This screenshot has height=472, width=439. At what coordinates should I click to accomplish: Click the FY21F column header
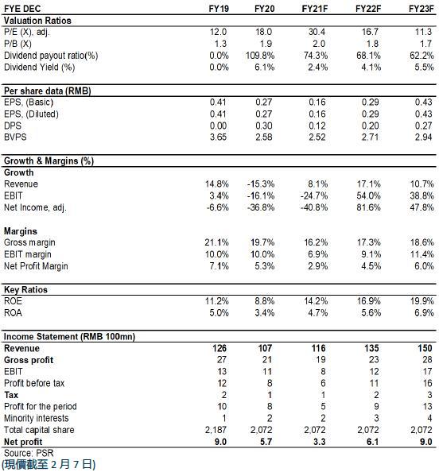click(315, 9)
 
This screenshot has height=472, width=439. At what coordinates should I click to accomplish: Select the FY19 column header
click(219, 9)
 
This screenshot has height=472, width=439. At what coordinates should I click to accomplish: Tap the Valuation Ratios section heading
click(37, 21)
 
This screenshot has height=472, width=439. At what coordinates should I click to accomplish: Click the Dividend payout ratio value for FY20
click(260, 56)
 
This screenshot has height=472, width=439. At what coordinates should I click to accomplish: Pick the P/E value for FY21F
click(317, 32)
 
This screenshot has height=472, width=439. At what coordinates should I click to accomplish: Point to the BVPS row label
click(15, 137)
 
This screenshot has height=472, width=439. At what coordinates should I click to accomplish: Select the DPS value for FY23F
click(424, 126)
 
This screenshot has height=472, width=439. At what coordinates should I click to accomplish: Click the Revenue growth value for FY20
click(261, 184)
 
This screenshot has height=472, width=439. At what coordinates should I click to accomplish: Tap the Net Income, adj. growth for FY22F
click(368, 207)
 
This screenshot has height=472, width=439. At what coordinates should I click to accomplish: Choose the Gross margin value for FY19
click(216, 242)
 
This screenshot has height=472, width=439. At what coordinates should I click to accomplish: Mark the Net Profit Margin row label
click(36, 266)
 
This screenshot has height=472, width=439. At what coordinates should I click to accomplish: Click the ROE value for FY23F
click(422, 301)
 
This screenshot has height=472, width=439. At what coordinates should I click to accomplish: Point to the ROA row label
click(13, 313)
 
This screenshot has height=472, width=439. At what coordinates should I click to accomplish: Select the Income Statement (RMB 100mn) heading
click(69, 337)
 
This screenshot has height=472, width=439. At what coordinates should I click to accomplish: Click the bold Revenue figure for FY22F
click(371, 348)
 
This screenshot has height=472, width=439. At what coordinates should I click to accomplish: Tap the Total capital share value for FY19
click(216, 430)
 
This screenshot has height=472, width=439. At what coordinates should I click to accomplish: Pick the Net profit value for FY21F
click(320, 442)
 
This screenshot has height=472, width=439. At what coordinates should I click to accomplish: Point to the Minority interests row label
click(36, 419)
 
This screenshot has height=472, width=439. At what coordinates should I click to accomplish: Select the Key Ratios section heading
click(25, 289)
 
